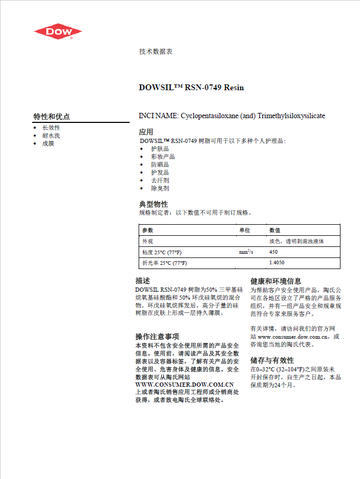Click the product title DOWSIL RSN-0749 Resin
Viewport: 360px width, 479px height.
coord(191,88)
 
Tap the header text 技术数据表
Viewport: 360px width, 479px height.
coord(155,52)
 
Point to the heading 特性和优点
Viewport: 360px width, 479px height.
coord(52,117)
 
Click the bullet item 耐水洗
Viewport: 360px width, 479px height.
coord(51,136)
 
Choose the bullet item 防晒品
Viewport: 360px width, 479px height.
coord(160,165)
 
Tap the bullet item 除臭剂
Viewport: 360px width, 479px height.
coord(160,188)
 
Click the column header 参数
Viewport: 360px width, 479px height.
coord(148,231)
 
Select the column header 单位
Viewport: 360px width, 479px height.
coord(245,231)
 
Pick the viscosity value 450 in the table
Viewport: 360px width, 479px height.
coord(274,252)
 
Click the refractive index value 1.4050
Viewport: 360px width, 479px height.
coord(277,263)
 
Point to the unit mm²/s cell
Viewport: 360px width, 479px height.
coord(246,252)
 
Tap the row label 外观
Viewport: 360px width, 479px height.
coord(148,241)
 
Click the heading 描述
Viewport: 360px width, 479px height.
coord(143,281)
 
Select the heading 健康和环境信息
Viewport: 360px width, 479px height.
coord(276,282)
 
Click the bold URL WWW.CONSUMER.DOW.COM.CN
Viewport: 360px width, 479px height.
coord(184,385)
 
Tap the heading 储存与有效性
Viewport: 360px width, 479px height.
coord(272,360)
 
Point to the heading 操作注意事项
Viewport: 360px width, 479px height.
coord(157,337)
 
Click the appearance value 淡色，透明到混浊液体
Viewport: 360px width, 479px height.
coord(296,241)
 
